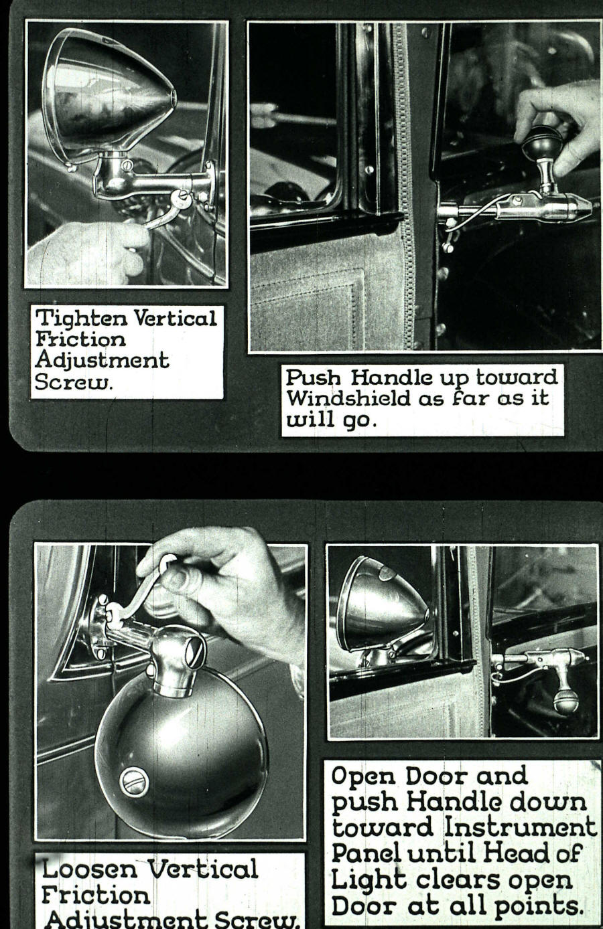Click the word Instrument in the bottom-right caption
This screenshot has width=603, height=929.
(x=521, y=827)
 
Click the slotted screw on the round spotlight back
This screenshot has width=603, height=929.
(x=133, y=780)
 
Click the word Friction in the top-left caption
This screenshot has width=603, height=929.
(x=80, y=339)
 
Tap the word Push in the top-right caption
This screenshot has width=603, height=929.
(x=312, y=377)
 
